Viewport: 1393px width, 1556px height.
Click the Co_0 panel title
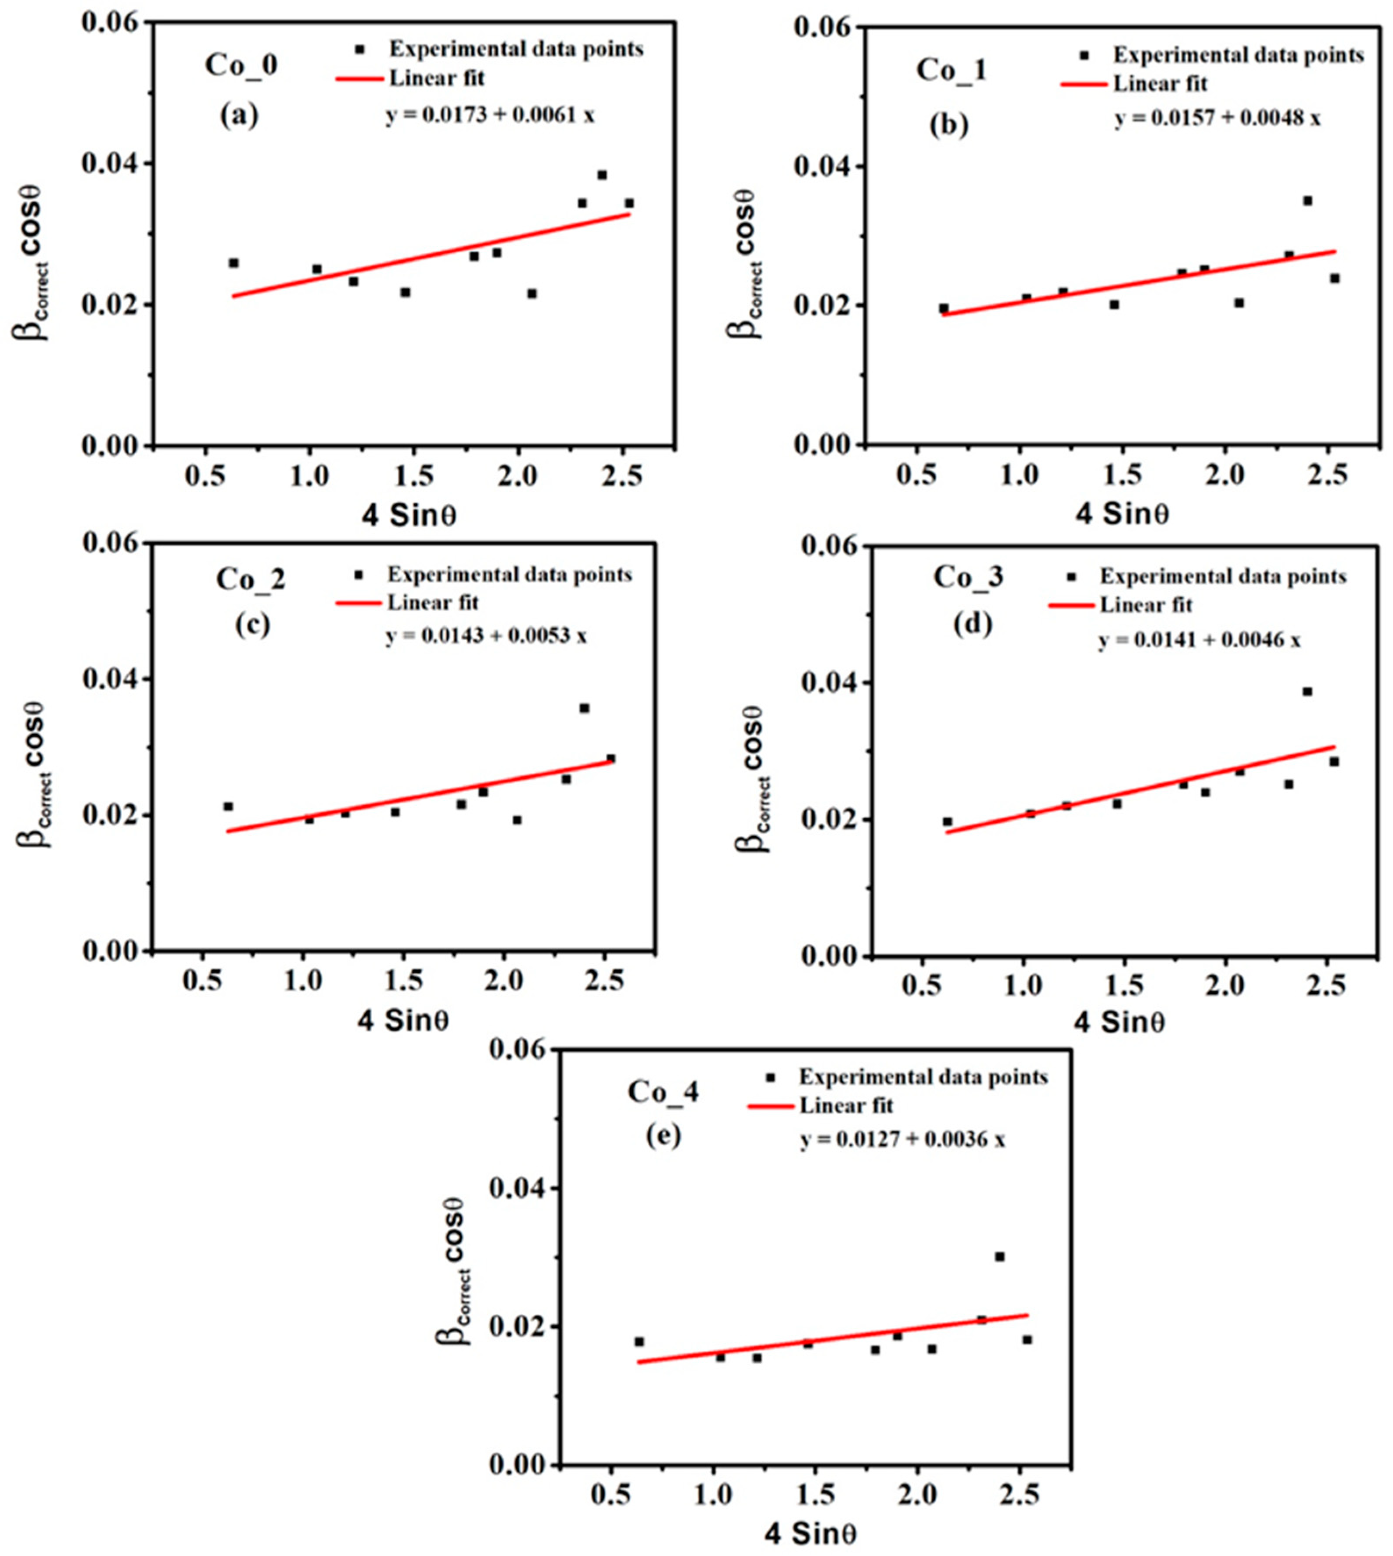241,65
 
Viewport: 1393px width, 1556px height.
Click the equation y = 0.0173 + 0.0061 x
490,115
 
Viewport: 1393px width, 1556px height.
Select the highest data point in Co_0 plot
602,175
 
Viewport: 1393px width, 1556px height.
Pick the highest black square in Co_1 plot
1307,201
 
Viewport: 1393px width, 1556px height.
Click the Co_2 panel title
250,579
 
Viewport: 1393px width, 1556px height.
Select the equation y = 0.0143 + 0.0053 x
487,635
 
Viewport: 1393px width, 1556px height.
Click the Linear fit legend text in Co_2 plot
433,602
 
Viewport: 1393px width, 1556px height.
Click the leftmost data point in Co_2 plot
228,806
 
